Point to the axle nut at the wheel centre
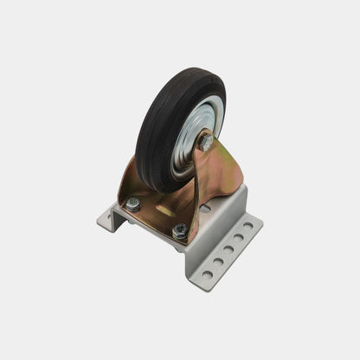206,143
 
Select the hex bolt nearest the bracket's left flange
133,204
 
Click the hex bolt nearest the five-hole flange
179,230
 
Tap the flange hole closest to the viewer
208,274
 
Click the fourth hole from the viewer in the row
238,235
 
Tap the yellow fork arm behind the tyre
138,173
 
